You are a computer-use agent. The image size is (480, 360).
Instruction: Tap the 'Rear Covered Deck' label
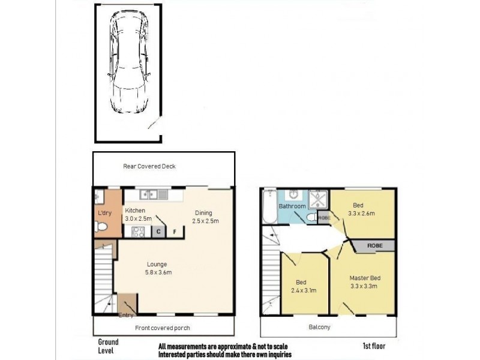pos(149,166)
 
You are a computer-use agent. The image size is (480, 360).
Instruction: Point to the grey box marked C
pos(160,232)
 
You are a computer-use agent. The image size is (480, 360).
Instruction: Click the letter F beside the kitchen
pos(175,232)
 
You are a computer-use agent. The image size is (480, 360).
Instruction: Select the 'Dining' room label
pos(203,212)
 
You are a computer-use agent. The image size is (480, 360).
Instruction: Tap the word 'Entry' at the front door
pos(126,315)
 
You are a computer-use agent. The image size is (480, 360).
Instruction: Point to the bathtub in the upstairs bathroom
pos(269,208)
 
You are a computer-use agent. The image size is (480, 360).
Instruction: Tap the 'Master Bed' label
pos(365,278)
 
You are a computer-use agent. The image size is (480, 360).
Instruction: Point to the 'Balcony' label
pos(320,328)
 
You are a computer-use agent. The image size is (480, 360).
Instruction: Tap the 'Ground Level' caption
pos(108,346)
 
